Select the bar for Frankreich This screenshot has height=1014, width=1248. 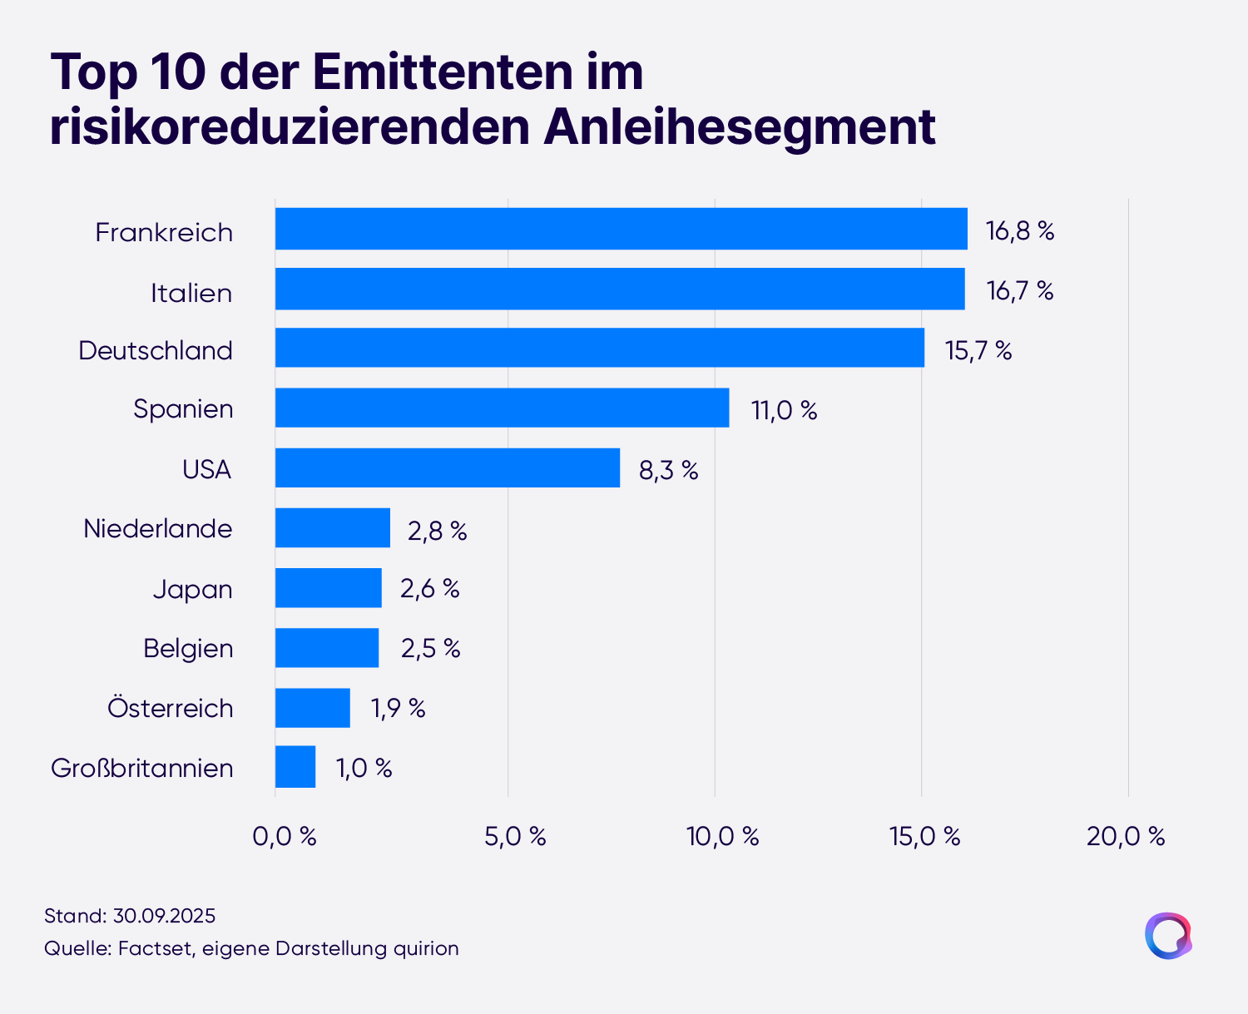point(621,229)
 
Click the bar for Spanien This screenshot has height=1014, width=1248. point(503,408)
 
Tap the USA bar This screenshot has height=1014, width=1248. point(448,467)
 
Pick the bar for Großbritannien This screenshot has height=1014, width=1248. point(295,766)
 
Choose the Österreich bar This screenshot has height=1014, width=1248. point(313,708)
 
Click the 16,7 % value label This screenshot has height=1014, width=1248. point(1019,290)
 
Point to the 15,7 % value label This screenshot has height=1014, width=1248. point(978,350)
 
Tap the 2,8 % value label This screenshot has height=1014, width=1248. point(437,531)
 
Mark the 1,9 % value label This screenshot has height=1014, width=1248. point(398,708)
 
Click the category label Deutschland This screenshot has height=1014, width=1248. point(156,350)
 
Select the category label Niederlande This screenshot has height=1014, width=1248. point(158,528)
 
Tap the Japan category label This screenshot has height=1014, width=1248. point(193,589)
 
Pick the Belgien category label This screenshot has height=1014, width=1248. point(188,649)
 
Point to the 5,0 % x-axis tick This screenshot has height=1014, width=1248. point(515,837)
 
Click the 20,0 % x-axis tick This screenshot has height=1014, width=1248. point(1126,837)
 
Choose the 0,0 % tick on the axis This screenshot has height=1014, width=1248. point(285,837)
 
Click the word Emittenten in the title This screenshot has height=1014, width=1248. point(443,72)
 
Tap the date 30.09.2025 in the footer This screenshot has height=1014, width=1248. point(164,916)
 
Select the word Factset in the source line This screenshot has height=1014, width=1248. point(156,948)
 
